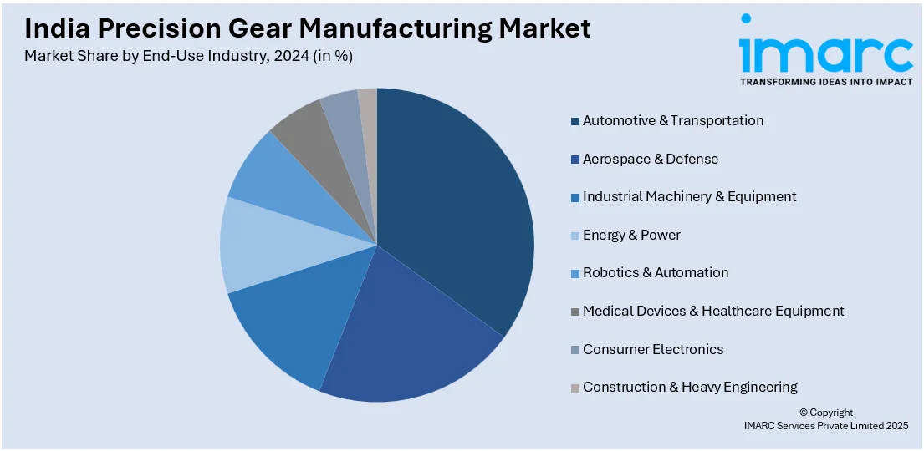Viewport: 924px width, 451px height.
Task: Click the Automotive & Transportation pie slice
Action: coord(452,209)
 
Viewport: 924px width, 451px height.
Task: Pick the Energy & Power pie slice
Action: coord(259,246)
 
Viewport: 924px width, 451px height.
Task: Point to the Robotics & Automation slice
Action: coord(272,180)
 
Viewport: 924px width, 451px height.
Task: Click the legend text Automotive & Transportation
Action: coord(673,120)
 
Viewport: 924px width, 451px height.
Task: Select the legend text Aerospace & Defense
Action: coord(651,159)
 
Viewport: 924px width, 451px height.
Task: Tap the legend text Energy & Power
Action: coord(631,235)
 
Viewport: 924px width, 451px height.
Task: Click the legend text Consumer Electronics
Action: coord(653,349)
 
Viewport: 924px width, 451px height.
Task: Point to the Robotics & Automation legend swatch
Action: coord(575,273)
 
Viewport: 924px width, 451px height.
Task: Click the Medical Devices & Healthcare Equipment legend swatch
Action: coord(575,312)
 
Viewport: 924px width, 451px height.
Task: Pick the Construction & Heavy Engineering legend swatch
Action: coord(575,388)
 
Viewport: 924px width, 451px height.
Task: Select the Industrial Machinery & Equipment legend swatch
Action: coord(575,197)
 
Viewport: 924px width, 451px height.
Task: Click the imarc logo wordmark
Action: coord(825,52)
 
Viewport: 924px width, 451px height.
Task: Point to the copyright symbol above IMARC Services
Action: coord(804,413)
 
